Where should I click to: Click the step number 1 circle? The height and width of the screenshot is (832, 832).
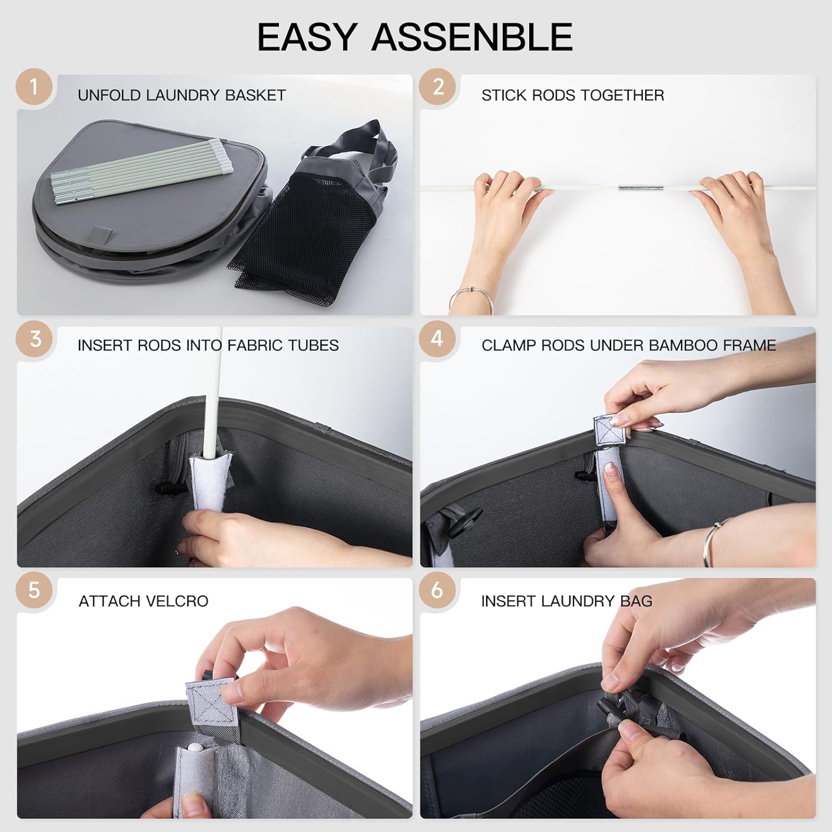coord(34,87)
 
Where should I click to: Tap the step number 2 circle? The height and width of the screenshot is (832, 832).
coord(438,87)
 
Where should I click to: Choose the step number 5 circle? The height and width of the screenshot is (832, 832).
coord(34,590)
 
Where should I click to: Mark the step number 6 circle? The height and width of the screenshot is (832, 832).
coord(438,590)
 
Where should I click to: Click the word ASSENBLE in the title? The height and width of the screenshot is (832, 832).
coord(472,37)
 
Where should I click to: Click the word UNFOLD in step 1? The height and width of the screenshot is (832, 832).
coord(109,95)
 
